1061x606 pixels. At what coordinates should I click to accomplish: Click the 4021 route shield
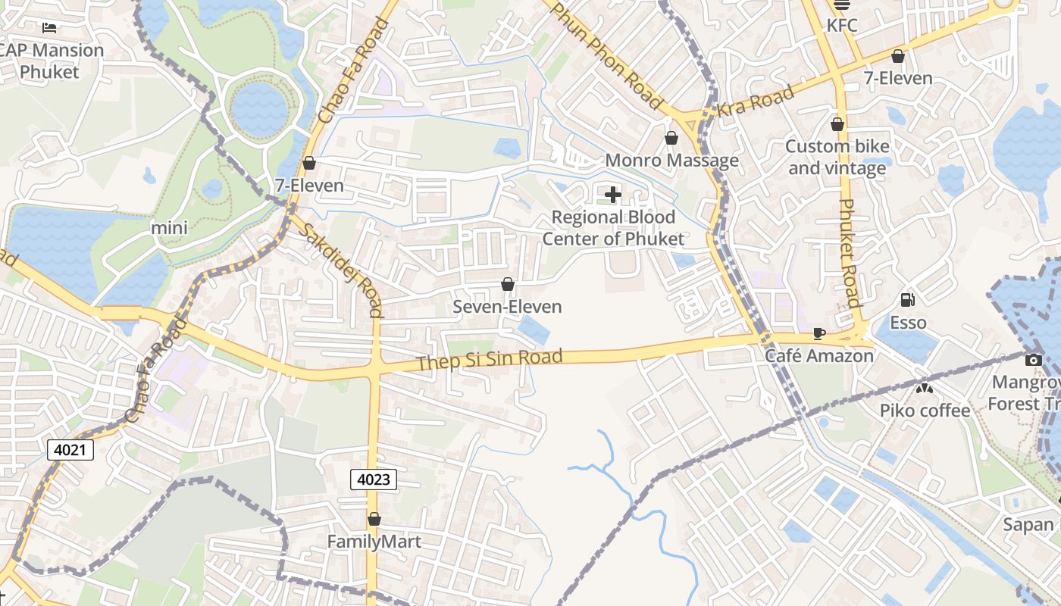pos(70,450)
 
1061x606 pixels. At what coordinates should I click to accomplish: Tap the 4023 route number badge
pos(374,479)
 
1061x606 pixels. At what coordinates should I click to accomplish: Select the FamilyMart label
pos(374,542)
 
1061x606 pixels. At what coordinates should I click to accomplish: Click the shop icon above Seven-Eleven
pos(508,285)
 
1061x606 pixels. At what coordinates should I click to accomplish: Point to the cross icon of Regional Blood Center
pos(613,195)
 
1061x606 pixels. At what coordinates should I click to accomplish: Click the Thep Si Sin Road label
pos(489,359)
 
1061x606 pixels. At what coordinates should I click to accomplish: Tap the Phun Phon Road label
pos(606,54)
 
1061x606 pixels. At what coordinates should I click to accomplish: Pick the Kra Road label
pos(756,100)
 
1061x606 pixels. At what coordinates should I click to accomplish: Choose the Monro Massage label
pos(671,161)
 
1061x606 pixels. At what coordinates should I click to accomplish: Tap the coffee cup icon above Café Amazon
pos(818,333)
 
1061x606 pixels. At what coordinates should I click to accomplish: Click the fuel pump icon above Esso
pos(907,300)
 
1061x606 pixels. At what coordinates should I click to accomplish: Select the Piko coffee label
pos(925,411)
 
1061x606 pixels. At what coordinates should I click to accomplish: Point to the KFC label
pos(841,26)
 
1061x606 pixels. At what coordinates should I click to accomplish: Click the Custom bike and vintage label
pos(837,157)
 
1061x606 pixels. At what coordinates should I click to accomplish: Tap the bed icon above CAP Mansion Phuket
pos(49,28)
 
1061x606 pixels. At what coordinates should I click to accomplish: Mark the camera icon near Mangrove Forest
pos(1033,361)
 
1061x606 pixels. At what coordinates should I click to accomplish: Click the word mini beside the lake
pos(169,227)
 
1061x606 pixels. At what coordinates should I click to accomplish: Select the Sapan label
pos(1028,524)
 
